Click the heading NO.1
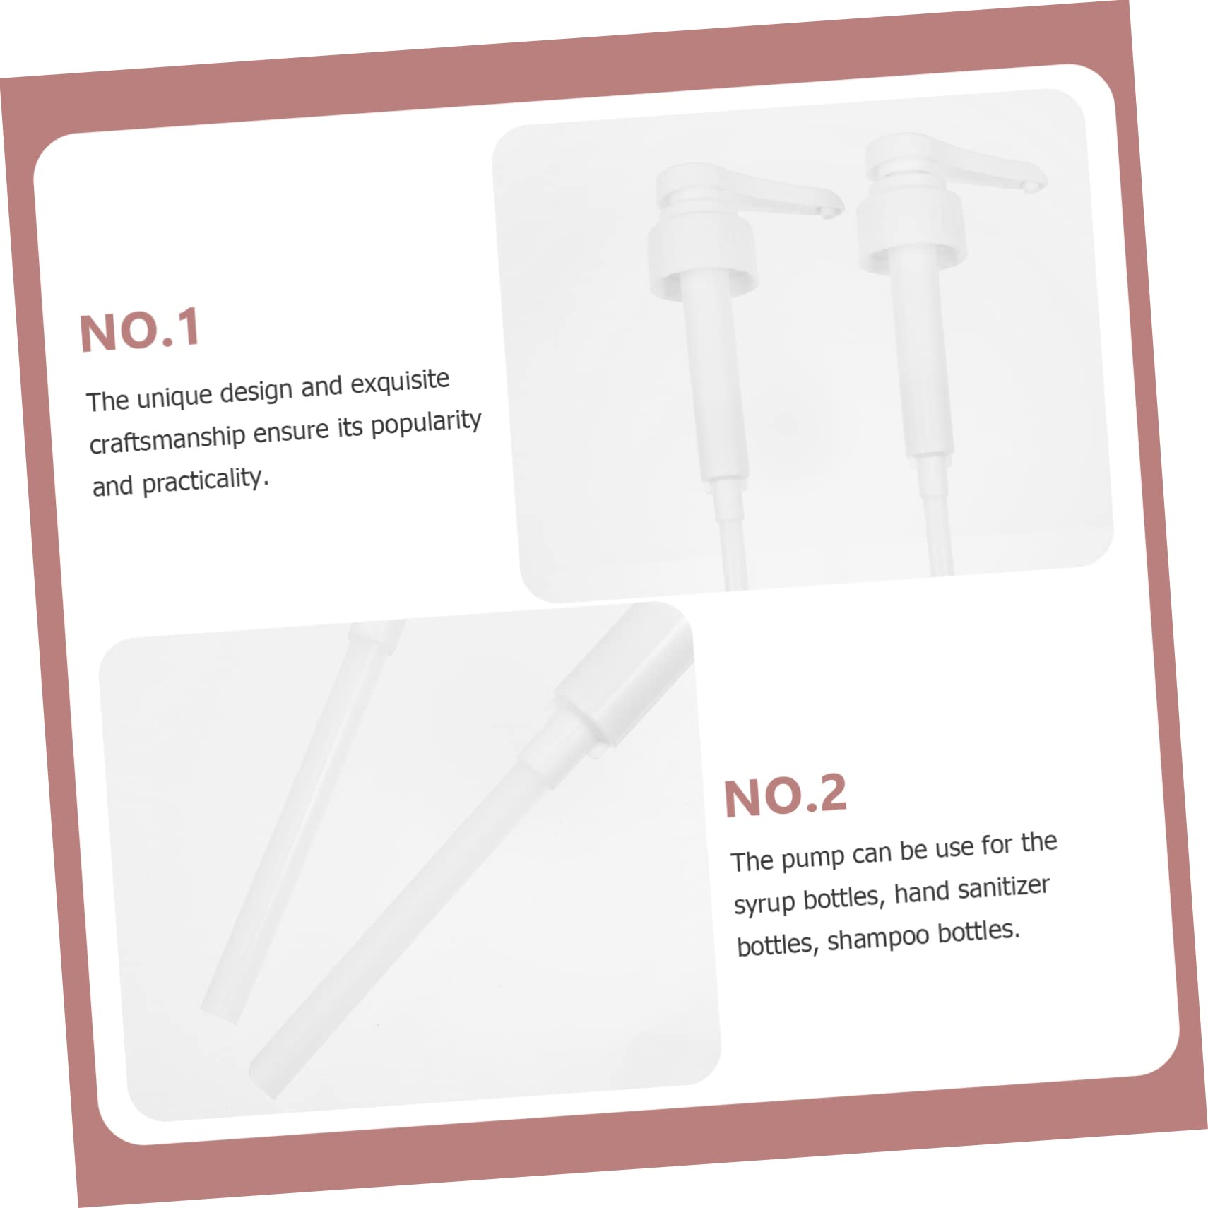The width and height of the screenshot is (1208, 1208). click(x=140, y=330)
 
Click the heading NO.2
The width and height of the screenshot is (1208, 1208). click(x=785, y=795)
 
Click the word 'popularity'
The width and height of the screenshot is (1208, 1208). click(x=426, y=422)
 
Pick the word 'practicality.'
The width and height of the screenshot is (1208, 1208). click(x=206, y=482)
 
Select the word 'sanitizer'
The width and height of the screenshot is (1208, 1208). click(x=1003, y=888)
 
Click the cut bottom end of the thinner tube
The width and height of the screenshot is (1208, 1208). click(x=223, y=1012)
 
